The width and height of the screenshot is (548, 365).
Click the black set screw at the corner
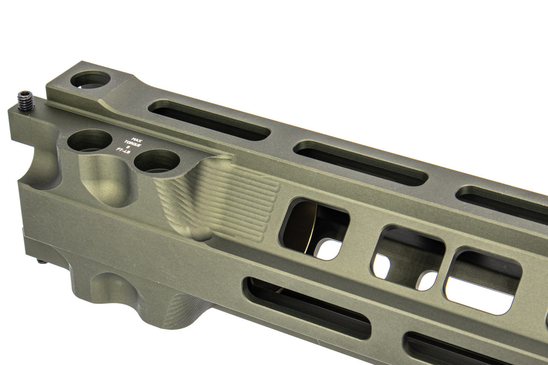click(26, 101)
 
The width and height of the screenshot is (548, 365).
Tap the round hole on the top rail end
click(90, 79)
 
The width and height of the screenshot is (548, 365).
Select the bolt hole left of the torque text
click(89, 140)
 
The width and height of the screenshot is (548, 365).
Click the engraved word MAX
click(137, 140)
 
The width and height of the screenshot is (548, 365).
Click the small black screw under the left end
click(42, 261)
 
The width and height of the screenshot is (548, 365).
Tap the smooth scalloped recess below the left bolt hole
click(102, 177)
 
